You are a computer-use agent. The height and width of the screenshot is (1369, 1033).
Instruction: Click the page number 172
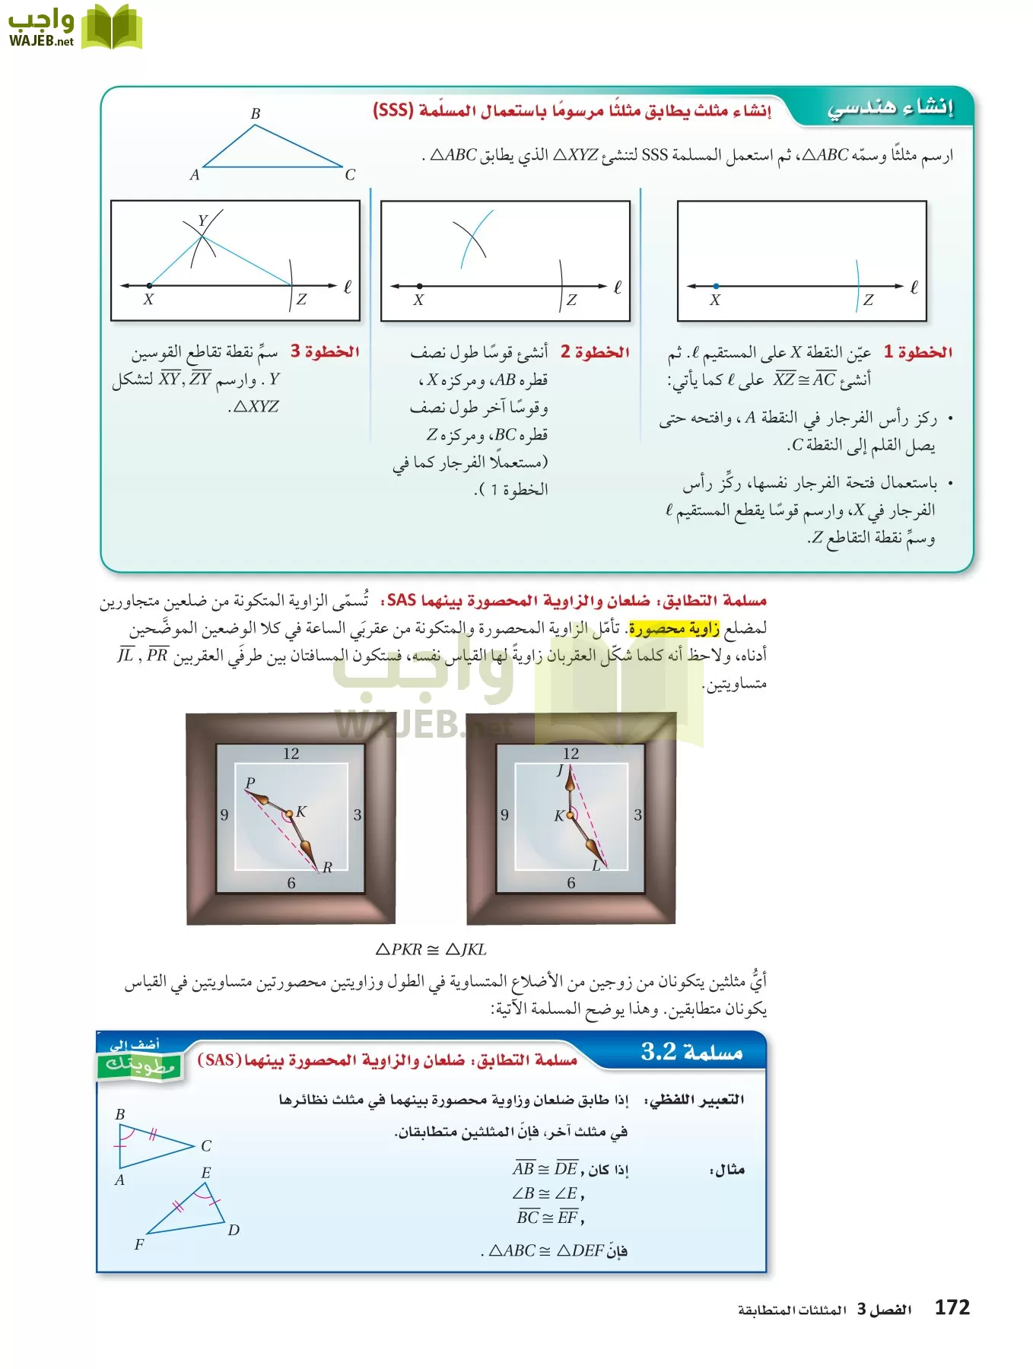pyautogui.click(x=952, y=1307)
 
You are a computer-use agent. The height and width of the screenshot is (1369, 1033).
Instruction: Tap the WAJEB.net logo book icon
pyautogui.click(x=112, y=28)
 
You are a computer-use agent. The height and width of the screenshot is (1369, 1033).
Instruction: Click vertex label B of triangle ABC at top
pyautogui.click(x=256, y=113)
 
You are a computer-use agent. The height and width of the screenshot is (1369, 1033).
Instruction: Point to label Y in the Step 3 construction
pyautogui.click(x=202, y=221)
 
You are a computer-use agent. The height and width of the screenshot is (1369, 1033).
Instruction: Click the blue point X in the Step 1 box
pyautogui.click(x=716, y=286)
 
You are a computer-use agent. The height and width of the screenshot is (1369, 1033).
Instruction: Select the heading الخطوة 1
pyautogui.click(x=918, y=352)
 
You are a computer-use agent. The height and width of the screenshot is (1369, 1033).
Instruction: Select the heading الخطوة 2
pyautogui.click(x=595, y=352)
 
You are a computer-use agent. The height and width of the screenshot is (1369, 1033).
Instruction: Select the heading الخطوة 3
pyautogui.click(x=325, y=351)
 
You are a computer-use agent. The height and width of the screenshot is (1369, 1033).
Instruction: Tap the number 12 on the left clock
pyautogui.click(x=291, y=754)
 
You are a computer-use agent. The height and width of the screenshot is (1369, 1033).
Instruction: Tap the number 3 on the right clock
pyautogui.click(x=637, y=815)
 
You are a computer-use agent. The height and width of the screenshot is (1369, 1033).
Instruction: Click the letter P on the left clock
pyautogui.click(x=250, y=783)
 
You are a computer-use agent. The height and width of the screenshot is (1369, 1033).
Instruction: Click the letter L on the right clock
pyautogui.click(x=596, y=866)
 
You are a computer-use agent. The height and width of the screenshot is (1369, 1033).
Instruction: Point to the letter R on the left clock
pyautogui.click(x=327, y=868)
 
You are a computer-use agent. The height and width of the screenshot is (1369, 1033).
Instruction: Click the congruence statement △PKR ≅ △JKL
pyautogui.click(x=431, y=949)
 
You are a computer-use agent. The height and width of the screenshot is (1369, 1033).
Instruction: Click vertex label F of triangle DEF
pyautogui.click(x=138, y=1245)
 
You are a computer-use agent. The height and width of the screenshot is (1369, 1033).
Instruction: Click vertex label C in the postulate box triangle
pyautogui.click(x=206, y=1146)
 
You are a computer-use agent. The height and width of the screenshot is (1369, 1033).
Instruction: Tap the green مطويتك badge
pyautogui.click(x=139, y=1064)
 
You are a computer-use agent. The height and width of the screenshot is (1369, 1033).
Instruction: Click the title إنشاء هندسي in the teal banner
pyautogui.click(x=890, y=107)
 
